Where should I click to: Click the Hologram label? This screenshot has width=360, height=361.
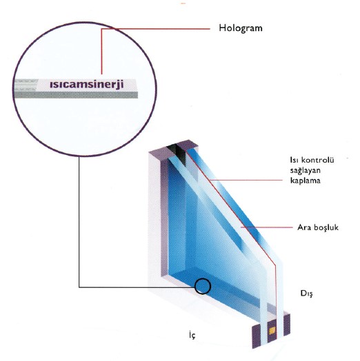[x=241, y=28]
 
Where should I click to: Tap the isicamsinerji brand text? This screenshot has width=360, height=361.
[x=87, y=84]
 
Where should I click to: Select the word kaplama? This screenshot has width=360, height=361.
[x=305, y=180]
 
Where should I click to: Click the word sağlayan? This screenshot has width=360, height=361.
[x=305, y=171]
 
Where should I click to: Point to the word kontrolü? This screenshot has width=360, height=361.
[x=318, y=160]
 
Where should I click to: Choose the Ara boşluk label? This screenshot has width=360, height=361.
[x=318, y=227]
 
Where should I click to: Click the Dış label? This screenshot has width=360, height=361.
[x=307, y=293]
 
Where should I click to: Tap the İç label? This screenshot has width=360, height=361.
[x=192, y=335]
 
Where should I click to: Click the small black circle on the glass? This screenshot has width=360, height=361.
[x=203, y=286]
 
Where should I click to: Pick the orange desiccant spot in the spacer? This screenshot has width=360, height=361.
[x=272, y=331]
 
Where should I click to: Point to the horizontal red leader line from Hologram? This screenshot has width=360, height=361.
[x=156, y=29]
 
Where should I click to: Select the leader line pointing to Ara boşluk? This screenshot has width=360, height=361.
[x=267, y=227]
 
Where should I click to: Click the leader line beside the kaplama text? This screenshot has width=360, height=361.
[x=246, y=180]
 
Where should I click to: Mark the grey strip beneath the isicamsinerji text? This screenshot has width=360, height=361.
[x=77, y=95]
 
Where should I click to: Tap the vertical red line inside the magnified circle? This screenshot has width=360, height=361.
[x=101, y=52]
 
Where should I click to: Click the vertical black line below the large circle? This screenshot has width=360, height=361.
[x=79, y=222]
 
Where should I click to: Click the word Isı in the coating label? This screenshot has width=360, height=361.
[x=294, y=160]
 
